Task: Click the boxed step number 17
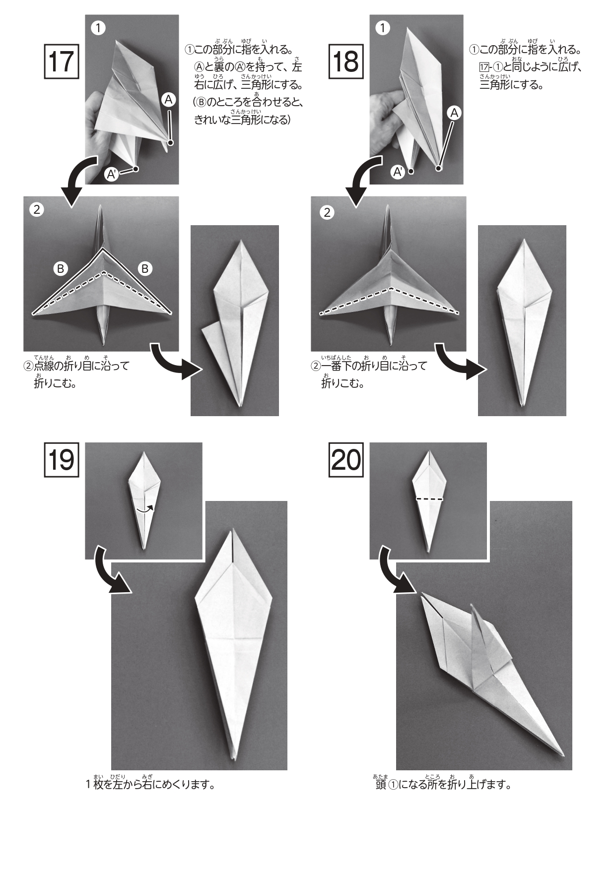62,62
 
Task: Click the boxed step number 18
346,62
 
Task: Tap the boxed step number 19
62,460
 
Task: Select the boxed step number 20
346,460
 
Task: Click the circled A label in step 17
169,100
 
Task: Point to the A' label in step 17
112,174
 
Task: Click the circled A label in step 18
454,113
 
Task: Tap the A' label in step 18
398,172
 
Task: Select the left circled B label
61,269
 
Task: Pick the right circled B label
145,269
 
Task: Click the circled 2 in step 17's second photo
37,209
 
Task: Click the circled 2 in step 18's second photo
327,213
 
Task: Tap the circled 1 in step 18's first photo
382,28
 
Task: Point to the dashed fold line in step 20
429,498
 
